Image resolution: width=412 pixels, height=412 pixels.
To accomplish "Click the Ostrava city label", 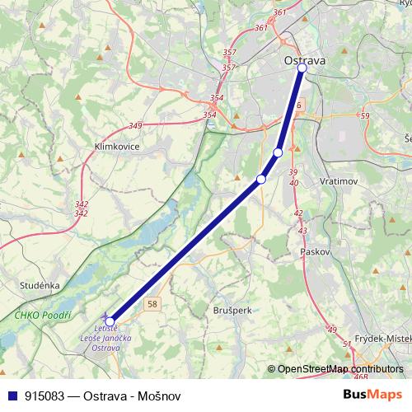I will pos(304,60).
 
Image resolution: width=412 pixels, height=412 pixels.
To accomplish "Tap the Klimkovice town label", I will pos(117,146).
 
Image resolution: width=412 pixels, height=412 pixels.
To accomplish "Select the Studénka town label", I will pos(40,285).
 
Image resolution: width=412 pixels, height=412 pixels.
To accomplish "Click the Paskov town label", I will pos(316,250).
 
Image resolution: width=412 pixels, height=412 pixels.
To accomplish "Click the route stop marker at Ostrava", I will pos(302,68).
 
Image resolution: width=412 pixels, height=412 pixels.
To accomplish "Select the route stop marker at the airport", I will pos(110,321).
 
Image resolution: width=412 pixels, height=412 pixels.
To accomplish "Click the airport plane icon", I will pos(104,316).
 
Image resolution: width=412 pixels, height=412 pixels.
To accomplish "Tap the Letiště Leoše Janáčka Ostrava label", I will pos(101,338).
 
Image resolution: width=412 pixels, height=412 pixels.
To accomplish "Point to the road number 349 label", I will pos(135,125).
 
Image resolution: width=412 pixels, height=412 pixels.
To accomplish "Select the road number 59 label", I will pos(364,116).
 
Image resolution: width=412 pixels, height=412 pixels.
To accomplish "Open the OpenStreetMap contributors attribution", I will pos(339,369).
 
